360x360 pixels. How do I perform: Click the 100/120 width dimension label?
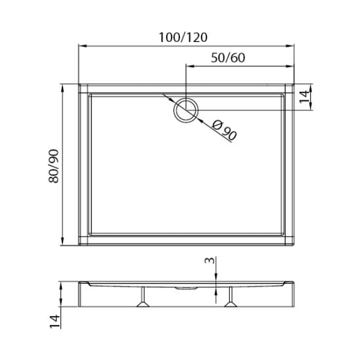pos(183,37)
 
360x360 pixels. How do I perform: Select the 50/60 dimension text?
pos(228,58)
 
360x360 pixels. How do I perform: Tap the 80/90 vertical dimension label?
pos(54,166)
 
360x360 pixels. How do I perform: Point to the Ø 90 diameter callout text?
pos(224,130)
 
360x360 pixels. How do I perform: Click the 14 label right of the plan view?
pos(304,97)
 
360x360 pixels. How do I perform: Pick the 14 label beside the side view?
pos(55,321)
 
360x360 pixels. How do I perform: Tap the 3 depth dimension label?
pos(210,260)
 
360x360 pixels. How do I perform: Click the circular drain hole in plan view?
pos(186,110)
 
